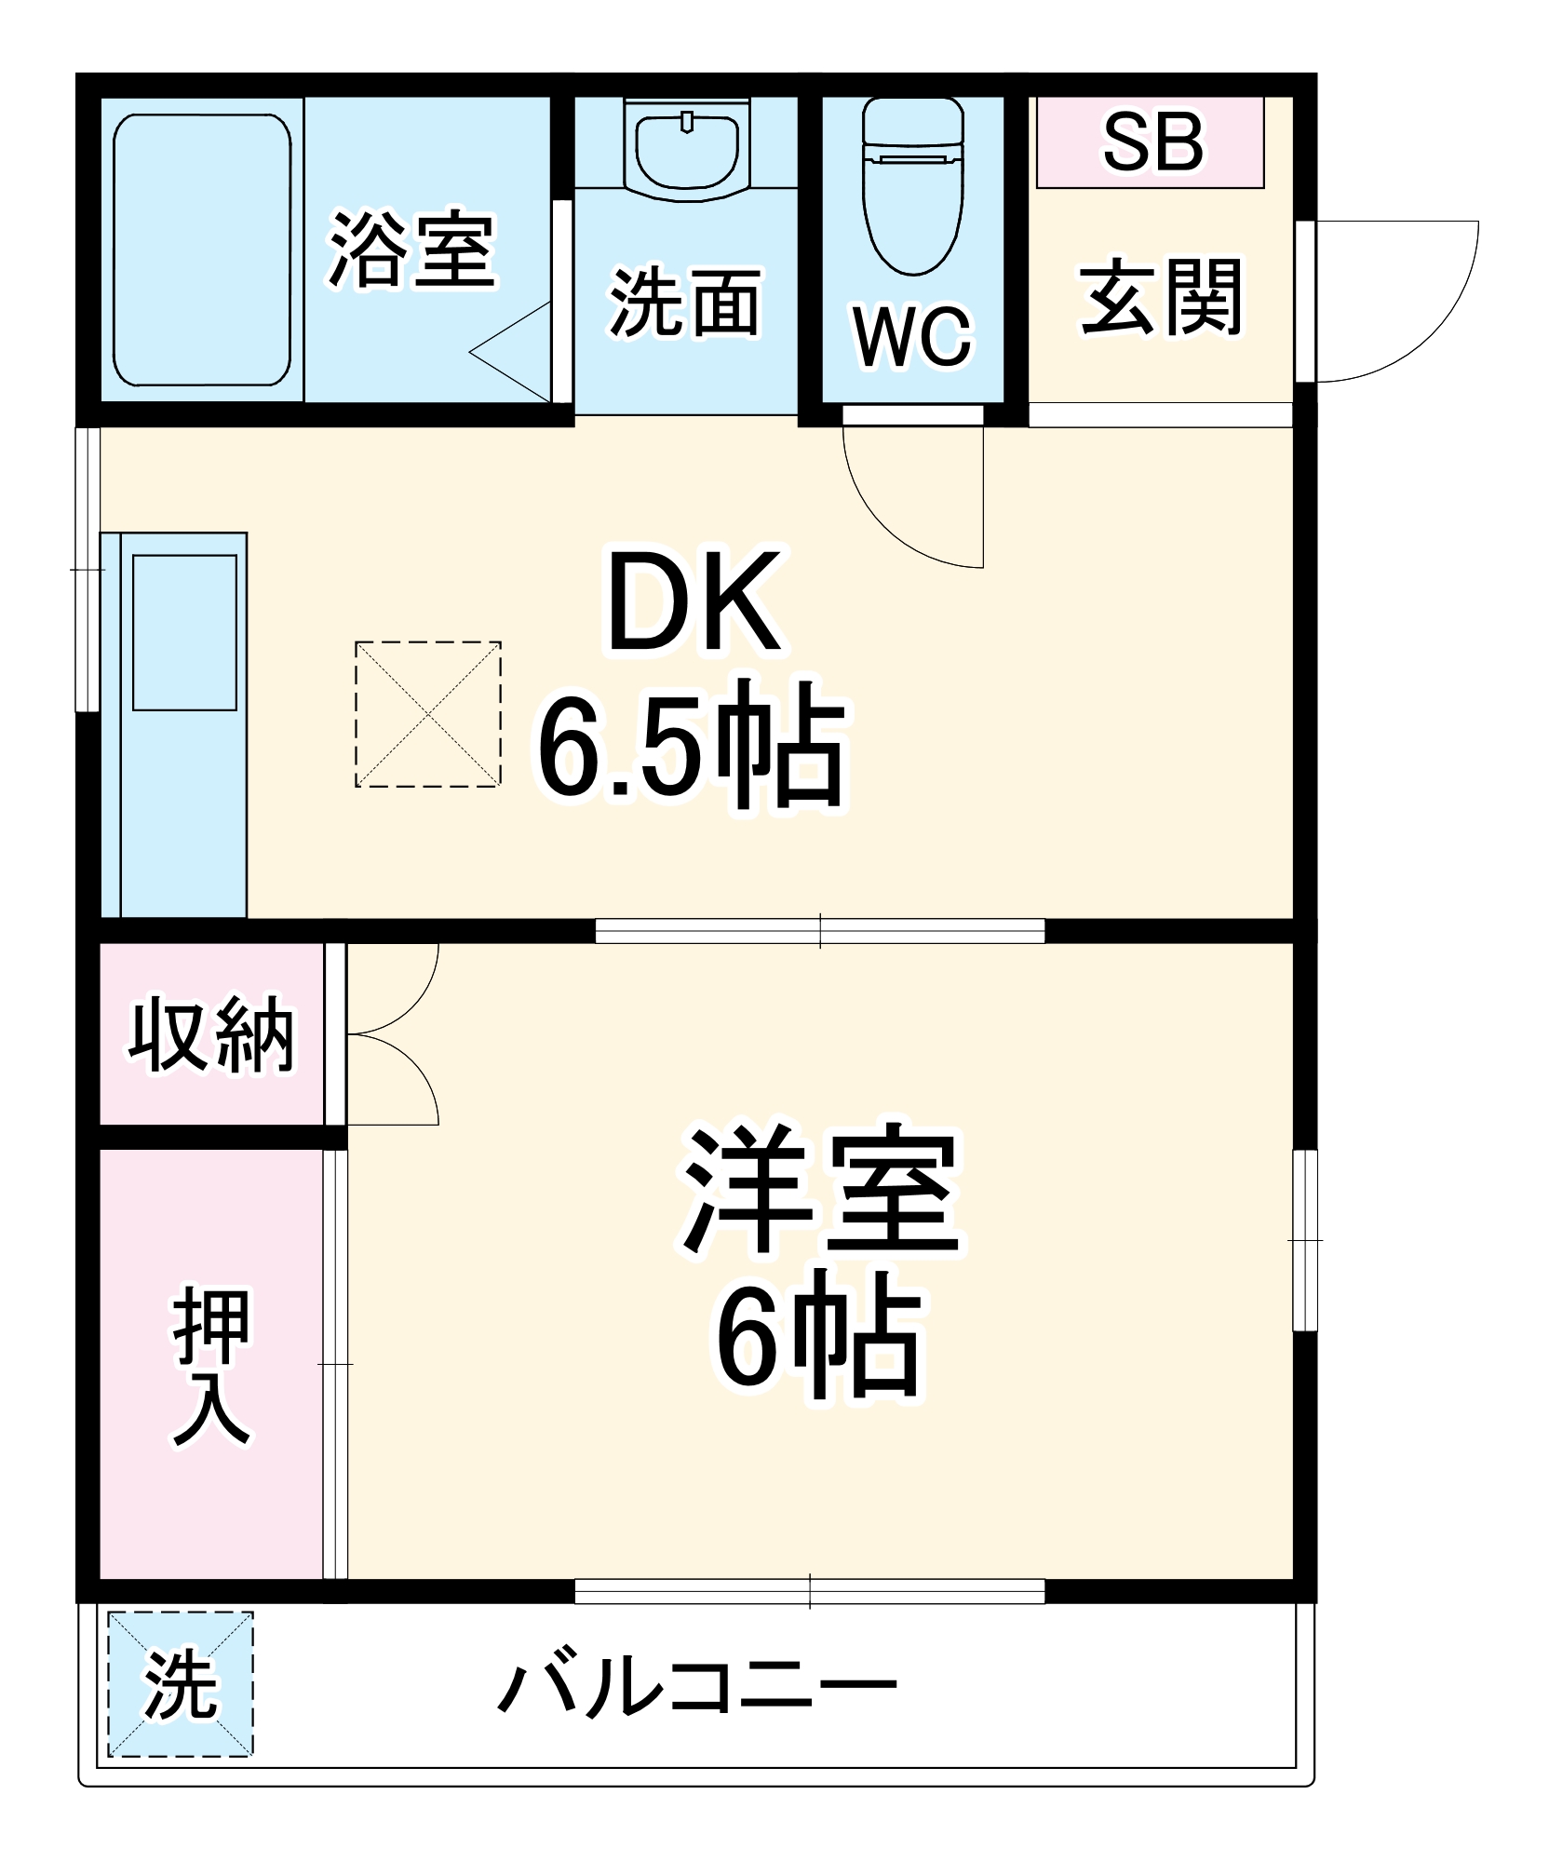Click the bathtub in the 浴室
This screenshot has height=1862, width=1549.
pos(202,250)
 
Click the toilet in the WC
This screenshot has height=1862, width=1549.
pos(912,186)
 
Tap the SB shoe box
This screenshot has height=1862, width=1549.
pos(1151,142)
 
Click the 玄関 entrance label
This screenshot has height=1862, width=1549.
pos(1161,298)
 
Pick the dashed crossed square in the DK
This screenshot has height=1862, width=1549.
pos(428,714)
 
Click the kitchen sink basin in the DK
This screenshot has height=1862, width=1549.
pos(184,633)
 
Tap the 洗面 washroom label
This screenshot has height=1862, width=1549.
pos(685,303)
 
